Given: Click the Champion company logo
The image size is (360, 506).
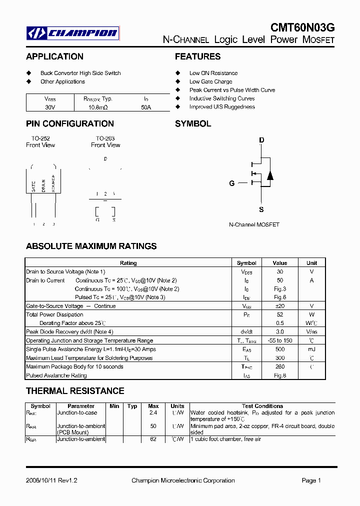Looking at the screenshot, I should click(73, 33).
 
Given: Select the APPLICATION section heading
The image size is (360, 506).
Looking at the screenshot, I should click(54, 56).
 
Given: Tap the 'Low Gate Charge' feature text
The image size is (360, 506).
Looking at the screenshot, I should click(210, 81).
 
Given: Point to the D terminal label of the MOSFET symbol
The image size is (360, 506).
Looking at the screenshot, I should click(261, 140).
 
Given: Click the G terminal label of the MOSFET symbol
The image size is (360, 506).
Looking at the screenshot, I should click(231, 183).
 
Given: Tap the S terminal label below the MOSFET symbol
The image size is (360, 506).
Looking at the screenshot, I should click(261, 210).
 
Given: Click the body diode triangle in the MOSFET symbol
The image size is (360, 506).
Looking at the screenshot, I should click(270, 175).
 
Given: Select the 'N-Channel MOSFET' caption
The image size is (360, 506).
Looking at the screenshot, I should click(254, 225).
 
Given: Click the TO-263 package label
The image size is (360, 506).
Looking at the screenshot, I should click(105, 138).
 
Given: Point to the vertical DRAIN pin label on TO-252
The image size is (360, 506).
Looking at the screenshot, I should click(43, 185).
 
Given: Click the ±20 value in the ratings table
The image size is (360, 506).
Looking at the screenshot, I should click(279, 306).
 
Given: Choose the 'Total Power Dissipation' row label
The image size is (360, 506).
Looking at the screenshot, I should click(54, 314).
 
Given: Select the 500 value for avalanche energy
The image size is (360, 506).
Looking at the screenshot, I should click(279, 349).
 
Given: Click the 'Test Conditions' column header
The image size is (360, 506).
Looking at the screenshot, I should click(262, 406).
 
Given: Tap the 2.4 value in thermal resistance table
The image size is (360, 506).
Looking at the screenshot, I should click(153, 413).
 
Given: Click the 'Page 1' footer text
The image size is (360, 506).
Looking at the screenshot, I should click(311, 480).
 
